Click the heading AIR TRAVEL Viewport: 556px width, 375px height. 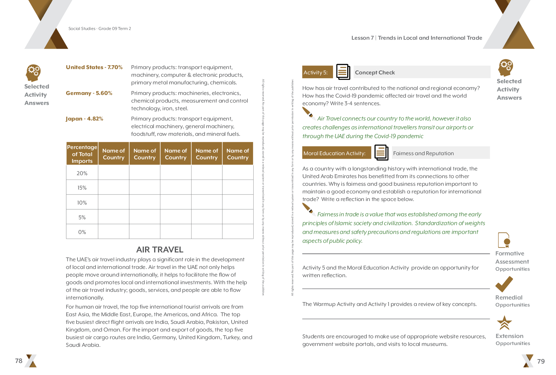coord(160,250)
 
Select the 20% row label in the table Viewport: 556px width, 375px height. coord(82,173)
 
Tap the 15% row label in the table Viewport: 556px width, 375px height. coord(82,187)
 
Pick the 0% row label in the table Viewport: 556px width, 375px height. coord(82,232)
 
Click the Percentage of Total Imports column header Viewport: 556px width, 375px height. coord(82,154)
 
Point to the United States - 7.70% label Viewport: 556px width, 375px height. coord(94,67)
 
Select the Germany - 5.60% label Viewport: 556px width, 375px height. coord(89,93)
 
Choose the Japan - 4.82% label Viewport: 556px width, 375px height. coord(84,119)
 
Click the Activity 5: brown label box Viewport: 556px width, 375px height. coord(317,72)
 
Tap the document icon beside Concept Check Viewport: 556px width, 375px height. coord(343,72)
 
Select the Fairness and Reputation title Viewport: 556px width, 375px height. coord(423,153)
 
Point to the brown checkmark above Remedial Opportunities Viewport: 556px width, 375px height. coord(504,284)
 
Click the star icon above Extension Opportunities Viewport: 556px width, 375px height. coord(504,323)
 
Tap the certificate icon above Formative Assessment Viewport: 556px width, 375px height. coord(504,240)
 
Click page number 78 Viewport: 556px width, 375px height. coord(19,361)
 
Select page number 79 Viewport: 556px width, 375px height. coord(541,361)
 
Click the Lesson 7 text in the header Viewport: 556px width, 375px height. coord(362,38)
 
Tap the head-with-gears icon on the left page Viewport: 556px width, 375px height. coord(33,73)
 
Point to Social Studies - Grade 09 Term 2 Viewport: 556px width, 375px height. coord(100,29)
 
